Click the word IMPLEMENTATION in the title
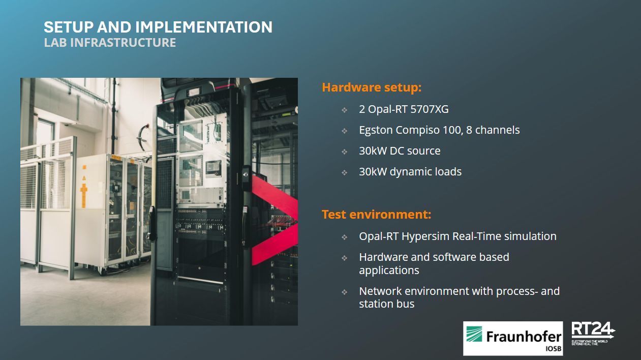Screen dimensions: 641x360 (x=204, y=27)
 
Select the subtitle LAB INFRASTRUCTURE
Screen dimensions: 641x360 (x=110, y=43)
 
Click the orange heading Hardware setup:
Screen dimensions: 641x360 (x=372, y=87)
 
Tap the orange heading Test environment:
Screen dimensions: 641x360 (x=376, y=215)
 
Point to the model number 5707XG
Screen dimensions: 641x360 (x=430, y=109)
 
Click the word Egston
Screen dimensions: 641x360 (x=376, y=131)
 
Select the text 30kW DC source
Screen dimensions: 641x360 (x=400, y=151)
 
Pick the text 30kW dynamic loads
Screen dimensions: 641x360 (x=410, y=172)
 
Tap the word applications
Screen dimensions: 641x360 (x=389, y=271)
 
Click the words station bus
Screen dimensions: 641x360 (x=387, y=304)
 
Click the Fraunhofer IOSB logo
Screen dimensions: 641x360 (x=513, y=338)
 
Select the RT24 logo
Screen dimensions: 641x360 (x=593, y=334)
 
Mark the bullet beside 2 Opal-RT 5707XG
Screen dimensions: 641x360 (x=345, y=110)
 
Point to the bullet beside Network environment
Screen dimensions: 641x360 (x=345, y=292)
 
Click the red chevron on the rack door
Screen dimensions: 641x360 (x=274, y=220)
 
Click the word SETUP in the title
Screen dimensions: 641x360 (x=69, y=27)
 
